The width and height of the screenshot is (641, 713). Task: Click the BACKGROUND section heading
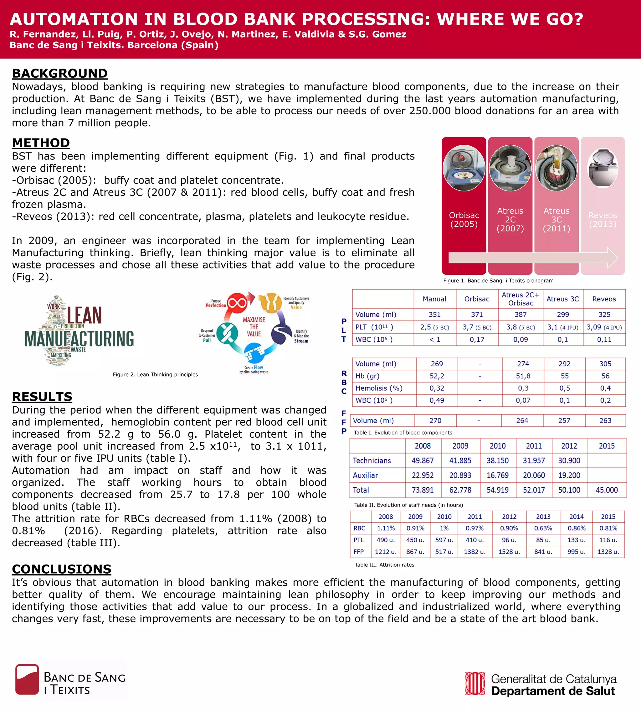(59, 73)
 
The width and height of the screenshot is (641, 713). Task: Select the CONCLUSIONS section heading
(62, 569)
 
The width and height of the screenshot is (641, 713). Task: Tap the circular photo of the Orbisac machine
(464, 168)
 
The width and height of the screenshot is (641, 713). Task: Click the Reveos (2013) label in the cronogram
(603, 220)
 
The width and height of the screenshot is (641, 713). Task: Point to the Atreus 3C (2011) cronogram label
(556, 220)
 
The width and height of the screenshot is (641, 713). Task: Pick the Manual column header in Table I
(434, 299)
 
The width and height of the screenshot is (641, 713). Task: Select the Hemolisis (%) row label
(379, 388)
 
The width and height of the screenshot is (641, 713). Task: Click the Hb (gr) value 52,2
(437, 376)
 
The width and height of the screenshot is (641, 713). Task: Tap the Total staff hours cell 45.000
(607, 490)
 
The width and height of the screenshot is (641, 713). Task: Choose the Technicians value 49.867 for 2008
(423, 461)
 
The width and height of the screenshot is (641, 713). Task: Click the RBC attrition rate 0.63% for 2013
(543, 528)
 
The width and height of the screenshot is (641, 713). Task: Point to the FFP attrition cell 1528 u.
(509, 552)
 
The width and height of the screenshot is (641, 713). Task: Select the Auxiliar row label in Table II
(365, 476)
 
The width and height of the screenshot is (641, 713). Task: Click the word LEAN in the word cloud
(84, 315)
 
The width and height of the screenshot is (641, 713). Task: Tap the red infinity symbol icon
(237, 303)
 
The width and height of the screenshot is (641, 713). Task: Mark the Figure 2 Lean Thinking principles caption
(155, 375)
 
